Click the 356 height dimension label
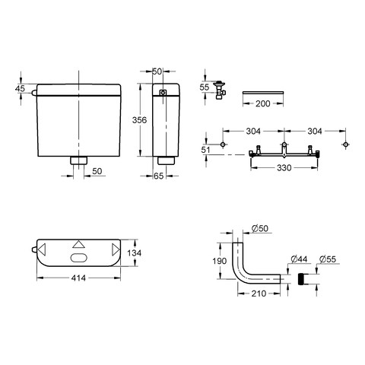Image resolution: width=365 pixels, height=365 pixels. tap(139, 120)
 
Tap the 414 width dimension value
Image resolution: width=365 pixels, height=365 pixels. tap(78, 278)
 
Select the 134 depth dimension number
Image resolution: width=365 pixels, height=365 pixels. tap(135, 252)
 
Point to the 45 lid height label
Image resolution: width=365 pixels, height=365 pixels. tap(20, 88)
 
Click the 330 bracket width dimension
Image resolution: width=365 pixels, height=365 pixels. tap(284, 167)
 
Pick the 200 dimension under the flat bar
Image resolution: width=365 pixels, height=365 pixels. tap(263, 103)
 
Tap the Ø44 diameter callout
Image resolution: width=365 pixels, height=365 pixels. tap(300, 259)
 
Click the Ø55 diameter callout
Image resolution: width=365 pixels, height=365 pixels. tap(328, 259)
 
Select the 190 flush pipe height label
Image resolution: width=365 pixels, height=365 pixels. tap(220, 261)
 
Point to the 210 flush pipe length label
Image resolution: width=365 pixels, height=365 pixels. tap(259, 294)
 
